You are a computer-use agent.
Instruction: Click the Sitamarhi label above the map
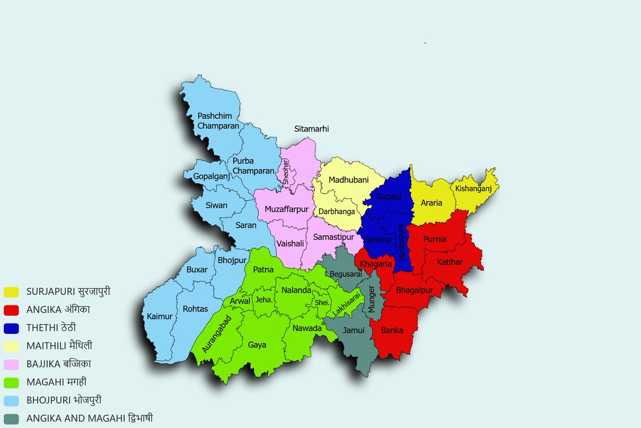point(312,129)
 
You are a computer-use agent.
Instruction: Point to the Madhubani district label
point(349,180)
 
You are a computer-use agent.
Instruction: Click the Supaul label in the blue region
point(389,197)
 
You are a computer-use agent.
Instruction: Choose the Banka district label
point(392,330)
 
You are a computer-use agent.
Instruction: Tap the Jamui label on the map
point(353,330)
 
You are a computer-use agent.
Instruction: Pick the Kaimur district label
point(159,317)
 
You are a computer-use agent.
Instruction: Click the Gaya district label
point(257,345)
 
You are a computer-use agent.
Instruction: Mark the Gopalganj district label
point(210,176)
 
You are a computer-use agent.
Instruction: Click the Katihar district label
point(450,262)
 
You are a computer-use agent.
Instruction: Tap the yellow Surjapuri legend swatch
point(11,292)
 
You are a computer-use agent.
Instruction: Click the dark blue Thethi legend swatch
point(11,328)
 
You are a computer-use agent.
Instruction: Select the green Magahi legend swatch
point(11,382)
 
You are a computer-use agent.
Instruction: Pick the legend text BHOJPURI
point(48,400)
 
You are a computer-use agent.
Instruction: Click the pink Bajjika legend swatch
point(11,364)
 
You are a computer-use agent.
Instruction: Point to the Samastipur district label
point(334,236)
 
